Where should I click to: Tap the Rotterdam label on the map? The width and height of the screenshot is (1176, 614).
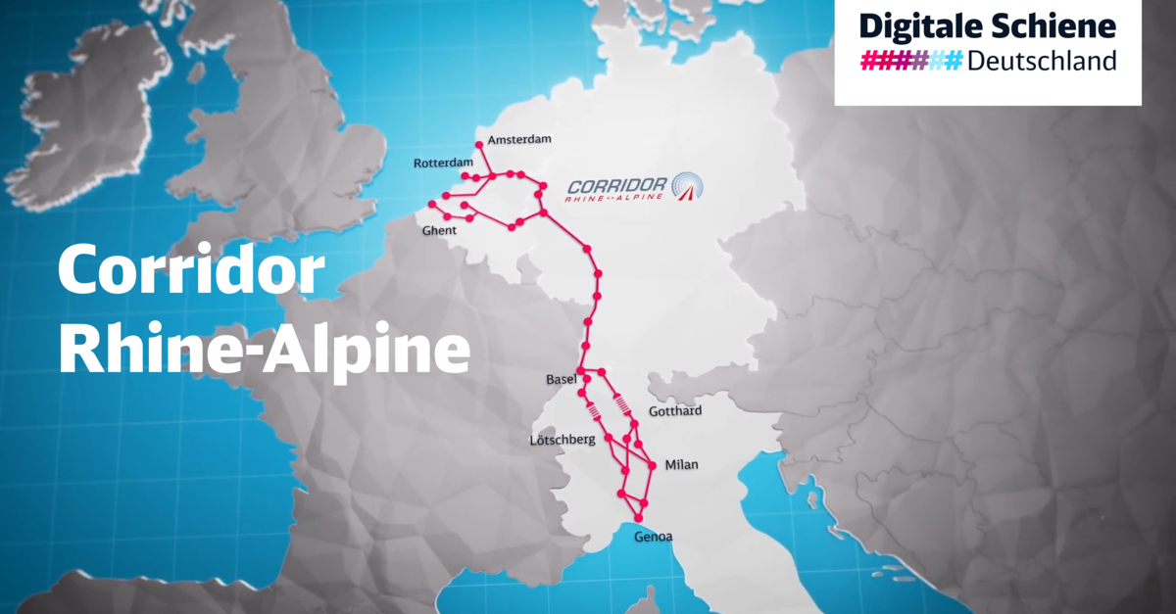pos(444,163)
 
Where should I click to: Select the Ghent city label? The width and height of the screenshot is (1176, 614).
pos(439,231)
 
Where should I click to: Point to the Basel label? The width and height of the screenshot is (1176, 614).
pos(561,379)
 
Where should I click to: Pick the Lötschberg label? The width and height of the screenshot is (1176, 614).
pos(563,441)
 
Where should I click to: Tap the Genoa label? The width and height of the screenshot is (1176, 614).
pos(653,537)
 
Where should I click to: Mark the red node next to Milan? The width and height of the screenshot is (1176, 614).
pos(652,465)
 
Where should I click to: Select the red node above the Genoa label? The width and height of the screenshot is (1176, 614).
pos(638,518)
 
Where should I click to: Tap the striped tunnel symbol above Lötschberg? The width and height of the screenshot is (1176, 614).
pos(593,410)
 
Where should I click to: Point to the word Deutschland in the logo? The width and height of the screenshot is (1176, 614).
pos(1042,61)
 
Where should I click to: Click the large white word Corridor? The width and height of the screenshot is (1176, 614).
pos(191,271)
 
